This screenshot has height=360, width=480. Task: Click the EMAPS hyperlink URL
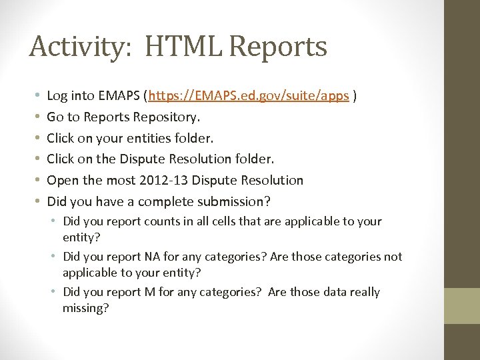coord(249,96)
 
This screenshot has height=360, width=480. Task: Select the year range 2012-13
coord(160,180)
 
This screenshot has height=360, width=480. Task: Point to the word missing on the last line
coord(85,307)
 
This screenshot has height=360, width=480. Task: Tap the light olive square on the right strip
coord(462,306)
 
